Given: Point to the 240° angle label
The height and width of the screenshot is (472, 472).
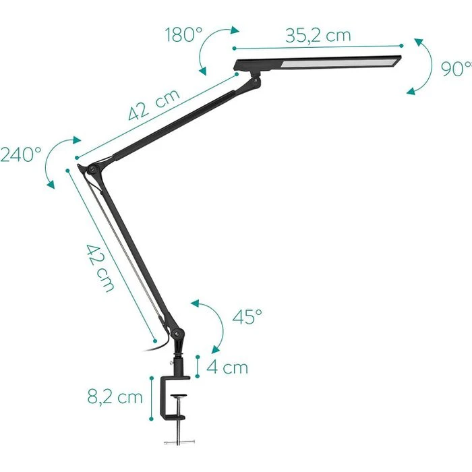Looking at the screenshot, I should pos(21,155).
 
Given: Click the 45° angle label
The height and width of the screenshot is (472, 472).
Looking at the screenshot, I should pos(247,317).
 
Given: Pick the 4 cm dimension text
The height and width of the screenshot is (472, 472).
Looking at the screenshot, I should pos(227,367).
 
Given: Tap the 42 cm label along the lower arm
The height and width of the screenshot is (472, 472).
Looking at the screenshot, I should pos(99,266).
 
